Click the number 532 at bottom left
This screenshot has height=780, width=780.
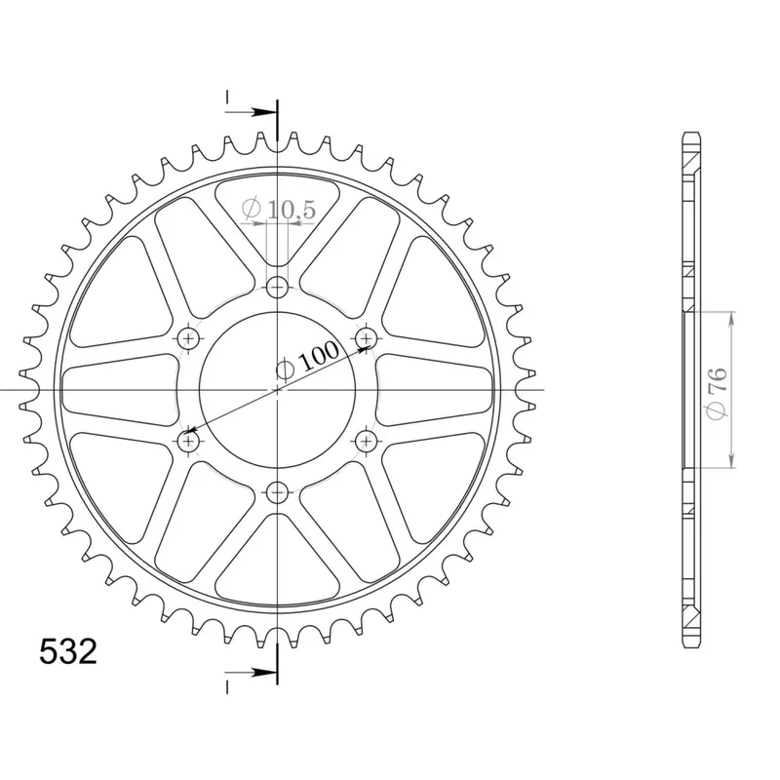click(68, 651)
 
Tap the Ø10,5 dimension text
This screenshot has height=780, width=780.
click(279, 209)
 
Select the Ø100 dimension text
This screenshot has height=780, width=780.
click(307, 360)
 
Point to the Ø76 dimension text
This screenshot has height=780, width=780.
click(718, 392)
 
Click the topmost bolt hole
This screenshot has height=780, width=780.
click(277, 287)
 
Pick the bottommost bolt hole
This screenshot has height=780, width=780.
click(277, 493)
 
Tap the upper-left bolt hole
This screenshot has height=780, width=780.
click(188, 338)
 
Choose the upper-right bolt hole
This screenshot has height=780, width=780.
click(367, 338)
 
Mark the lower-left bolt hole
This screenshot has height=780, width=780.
click(188, 441)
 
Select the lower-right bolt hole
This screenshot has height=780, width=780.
click(367, 441)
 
